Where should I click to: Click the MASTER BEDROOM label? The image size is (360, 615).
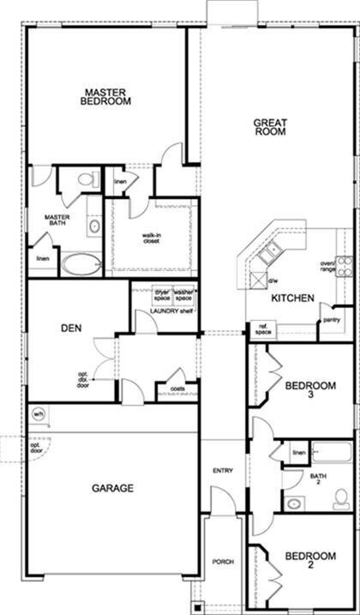pos(106,96)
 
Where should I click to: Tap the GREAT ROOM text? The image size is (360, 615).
pos(269,127)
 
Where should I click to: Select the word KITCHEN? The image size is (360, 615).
pos(292,298)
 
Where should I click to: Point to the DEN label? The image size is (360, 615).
pos(71,328)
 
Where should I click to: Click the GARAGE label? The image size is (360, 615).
pos(112,488)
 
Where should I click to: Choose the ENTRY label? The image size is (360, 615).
pos(223,471)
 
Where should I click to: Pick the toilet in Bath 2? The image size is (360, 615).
pos(341,498)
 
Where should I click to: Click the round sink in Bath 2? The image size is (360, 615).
pos(293,503)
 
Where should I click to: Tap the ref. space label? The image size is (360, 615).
pos(262,329)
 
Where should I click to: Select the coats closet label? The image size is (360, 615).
pos(178,389)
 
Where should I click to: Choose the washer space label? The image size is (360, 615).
pos(183,294)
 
